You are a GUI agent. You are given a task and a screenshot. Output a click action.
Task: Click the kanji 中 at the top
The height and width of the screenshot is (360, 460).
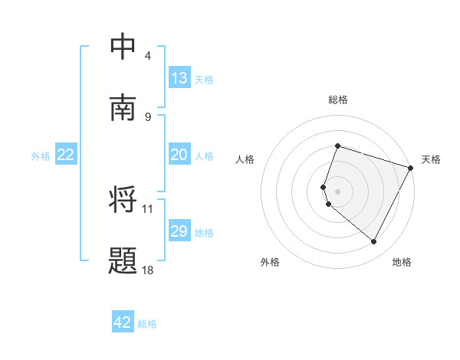point(123,47)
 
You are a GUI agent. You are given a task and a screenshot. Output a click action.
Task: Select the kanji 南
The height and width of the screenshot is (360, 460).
point(123,108)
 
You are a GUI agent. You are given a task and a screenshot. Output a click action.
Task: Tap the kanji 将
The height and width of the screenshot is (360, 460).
point(123,201)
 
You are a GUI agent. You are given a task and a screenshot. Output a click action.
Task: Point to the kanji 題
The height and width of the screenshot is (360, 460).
point(123,261)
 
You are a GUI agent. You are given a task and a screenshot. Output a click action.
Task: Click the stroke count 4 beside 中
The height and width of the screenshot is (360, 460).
point(148,56)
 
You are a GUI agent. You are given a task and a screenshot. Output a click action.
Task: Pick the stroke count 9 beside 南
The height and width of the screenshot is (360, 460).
point(148,116)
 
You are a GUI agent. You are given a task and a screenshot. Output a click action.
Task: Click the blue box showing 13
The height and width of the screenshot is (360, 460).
point(179,78)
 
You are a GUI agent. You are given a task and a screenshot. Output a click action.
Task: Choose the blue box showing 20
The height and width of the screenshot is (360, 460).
point(179,155)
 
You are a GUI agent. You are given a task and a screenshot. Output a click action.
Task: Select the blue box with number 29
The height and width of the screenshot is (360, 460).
point(179,231)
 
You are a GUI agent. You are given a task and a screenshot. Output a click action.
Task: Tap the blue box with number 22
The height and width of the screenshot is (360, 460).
point(66,155)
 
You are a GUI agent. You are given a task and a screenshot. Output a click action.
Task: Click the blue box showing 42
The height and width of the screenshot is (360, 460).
point(123,322)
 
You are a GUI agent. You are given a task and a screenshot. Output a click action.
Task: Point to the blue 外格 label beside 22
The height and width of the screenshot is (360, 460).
point(41,155)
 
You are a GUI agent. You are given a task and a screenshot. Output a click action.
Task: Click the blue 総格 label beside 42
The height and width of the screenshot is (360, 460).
point(147,323)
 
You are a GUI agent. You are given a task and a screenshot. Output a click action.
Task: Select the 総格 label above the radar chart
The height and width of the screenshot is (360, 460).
point(337,100)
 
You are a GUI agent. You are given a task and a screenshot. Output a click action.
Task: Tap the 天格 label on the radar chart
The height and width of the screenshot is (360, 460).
point(431,159)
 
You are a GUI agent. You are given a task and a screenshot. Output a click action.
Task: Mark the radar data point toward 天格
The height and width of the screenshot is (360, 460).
point(411,167)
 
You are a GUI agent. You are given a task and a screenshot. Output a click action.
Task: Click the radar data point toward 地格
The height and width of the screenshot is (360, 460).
point(374,242)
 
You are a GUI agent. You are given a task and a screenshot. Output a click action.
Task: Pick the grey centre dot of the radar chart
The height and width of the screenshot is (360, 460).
point(337,191)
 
